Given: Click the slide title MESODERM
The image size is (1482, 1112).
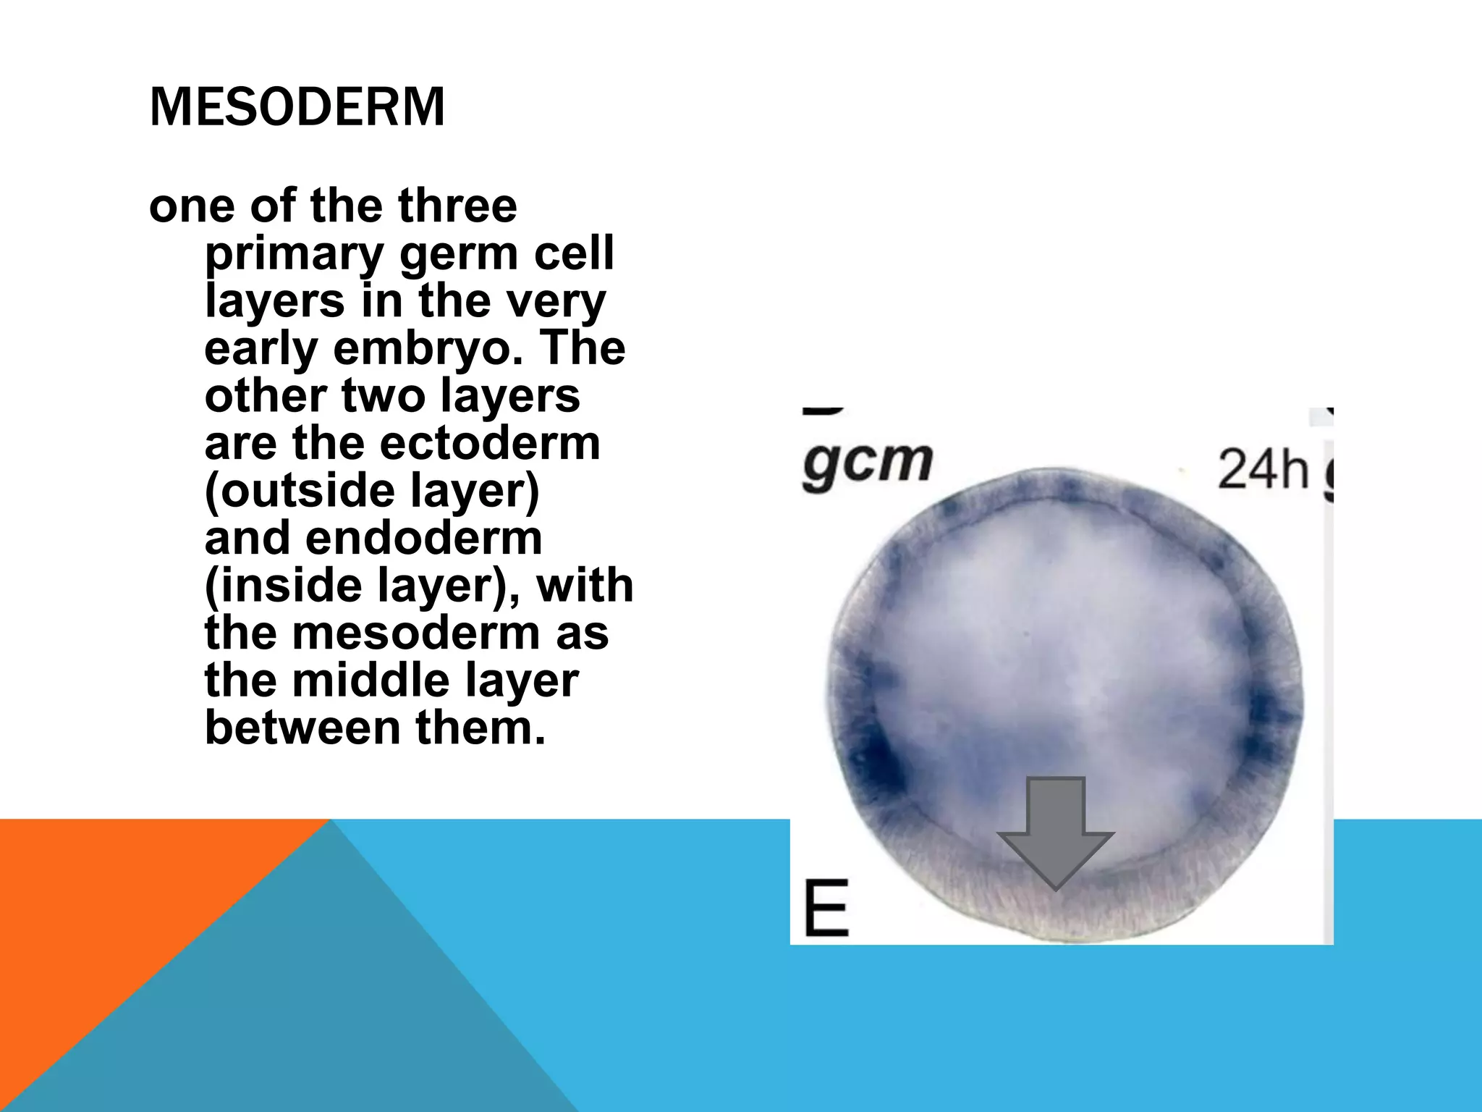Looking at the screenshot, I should pyautogui.click(x=297, y=107).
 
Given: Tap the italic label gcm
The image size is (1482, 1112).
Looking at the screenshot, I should pyautogui.click(x=867, y=463).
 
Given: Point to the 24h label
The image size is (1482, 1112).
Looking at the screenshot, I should pyautogui.click(x=1263, y=469).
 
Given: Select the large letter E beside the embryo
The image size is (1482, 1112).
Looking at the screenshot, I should pyautogui.click(x=826, y=908).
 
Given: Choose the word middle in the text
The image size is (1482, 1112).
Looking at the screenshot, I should pyautogui.click(x=377, y=681).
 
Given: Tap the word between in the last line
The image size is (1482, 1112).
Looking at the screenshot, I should pyautogui.click(x=302, y=728).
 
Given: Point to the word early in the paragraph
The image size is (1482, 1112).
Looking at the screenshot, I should pyautogui.click(x=261, y=349).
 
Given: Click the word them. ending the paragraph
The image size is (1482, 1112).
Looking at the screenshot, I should pyautogui.click(x=480, y=728).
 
